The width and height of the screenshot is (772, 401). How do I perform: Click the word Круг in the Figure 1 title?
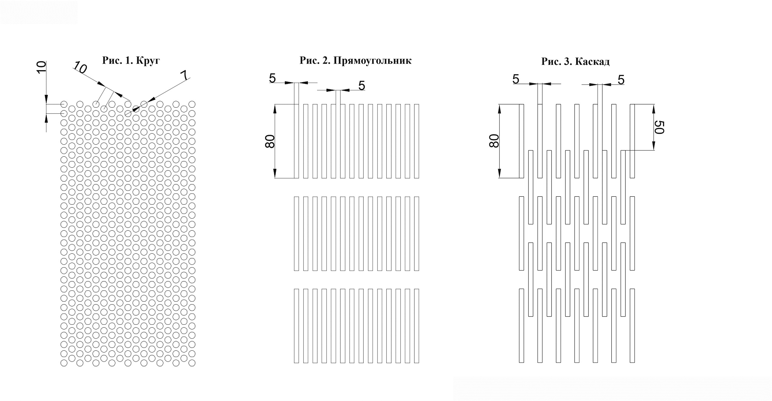coord(148,61)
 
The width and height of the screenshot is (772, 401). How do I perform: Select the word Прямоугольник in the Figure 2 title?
coord(372,61)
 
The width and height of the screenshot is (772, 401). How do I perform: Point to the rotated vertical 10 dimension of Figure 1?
coord(41,66)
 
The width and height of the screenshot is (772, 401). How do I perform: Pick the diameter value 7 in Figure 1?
coord(184,76)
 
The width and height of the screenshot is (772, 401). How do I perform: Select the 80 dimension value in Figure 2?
coord(270,141)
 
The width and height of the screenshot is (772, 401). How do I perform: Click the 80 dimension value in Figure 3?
coord(494,141)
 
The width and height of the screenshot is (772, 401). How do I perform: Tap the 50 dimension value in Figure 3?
coord(659,127)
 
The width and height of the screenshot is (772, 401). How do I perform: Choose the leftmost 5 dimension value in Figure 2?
coord(272,78)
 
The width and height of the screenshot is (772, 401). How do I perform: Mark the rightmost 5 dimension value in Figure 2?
coord(362,86)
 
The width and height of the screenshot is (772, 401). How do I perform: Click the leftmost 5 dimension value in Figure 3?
coord(516,79)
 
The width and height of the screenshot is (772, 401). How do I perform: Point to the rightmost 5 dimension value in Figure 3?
coord(621,80)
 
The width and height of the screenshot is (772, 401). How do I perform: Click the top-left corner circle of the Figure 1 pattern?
coord(64,104)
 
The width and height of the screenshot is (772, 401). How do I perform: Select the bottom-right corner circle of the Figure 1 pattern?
coord(192,363)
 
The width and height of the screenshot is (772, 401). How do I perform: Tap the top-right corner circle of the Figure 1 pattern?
coord(192,104)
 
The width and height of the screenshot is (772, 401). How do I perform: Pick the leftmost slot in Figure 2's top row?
coord(297,141)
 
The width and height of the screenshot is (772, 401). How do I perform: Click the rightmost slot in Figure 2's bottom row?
coord(416,326)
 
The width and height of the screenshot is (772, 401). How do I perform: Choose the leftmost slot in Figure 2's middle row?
coord(297,234)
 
